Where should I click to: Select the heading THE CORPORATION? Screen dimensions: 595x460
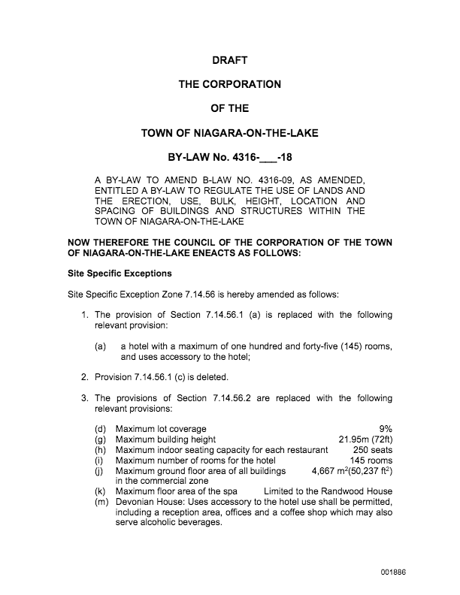click(229, 85)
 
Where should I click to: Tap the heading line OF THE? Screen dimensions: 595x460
click(229, 109)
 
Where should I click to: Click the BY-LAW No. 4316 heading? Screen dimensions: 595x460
click(229, 158)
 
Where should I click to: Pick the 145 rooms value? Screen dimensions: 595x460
click(371, 461)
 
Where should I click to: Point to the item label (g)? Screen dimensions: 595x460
click(100, 439)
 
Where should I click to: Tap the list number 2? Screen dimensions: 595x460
click(85, 376)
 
